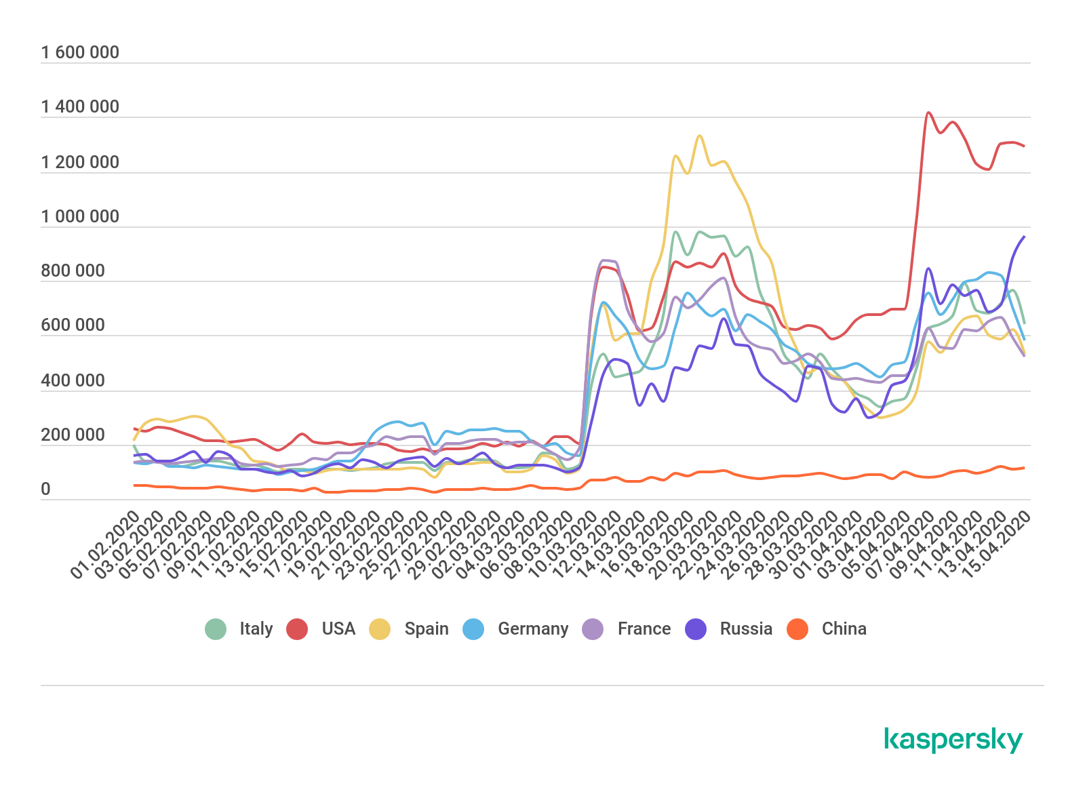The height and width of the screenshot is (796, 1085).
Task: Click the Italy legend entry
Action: coord(239,629)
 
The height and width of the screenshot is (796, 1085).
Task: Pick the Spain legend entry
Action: coord(409,629)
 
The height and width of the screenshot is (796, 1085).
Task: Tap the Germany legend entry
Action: coord(516,629)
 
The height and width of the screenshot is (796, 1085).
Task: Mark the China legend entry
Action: coord(827,629)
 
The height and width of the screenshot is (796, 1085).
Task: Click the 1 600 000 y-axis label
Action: coord(80,53)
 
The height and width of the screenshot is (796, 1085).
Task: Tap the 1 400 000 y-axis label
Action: coord(80,107)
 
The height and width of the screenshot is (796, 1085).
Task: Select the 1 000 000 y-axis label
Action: coord(80,217)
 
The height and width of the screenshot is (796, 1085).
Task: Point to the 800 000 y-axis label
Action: coord(73,271)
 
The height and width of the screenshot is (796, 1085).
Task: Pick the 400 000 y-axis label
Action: coord(73,381)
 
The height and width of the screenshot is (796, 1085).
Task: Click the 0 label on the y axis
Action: coord(45,490)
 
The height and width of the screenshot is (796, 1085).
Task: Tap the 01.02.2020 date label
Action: coord(105,546)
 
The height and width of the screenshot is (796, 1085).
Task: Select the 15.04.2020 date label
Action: coord(996,546)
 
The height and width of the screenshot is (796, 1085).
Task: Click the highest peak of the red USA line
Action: coord(928,113)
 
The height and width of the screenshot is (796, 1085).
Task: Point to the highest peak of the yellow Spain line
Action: coord(700,136)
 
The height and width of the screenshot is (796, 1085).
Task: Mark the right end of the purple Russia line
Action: coord(1024,237)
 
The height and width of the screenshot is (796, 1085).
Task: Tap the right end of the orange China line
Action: coord(1024,468)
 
